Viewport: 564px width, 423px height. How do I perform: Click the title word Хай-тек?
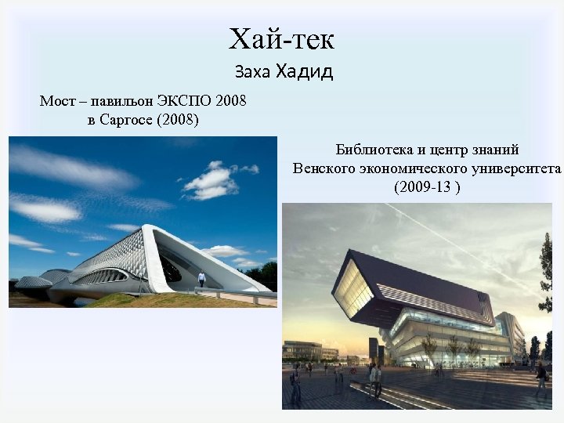tap(282, 38)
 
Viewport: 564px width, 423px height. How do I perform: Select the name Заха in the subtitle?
tap(252, 73)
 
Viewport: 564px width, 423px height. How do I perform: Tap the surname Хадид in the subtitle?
tap(304, 72)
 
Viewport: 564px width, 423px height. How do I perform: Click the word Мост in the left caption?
tap(57, 102)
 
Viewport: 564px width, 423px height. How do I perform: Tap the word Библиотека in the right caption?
tap(374, 150)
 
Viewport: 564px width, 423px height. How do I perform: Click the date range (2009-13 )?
tap(427, 187)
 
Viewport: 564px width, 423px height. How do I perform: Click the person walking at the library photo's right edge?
tap(541, 380)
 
